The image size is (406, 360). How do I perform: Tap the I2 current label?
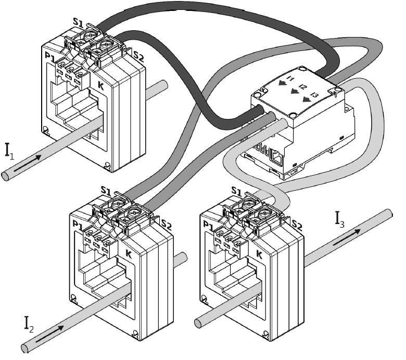(x=29, y=324)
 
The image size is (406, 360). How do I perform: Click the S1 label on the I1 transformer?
(x=78, y=22)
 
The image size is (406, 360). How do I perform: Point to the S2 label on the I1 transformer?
(x=138, y=55)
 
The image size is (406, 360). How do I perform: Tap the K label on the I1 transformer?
(x=100, y=86)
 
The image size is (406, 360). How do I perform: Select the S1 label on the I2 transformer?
(x=106, y=190)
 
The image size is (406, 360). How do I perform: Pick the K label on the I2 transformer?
(x=128, y=254)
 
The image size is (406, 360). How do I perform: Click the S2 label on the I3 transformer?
(x=297, y=226)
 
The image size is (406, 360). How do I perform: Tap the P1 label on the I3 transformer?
(x=208, y=225)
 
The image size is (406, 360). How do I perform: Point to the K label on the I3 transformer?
(x=259, y=254)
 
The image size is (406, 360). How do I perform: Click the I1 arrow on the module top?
(x=283, y=82)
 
